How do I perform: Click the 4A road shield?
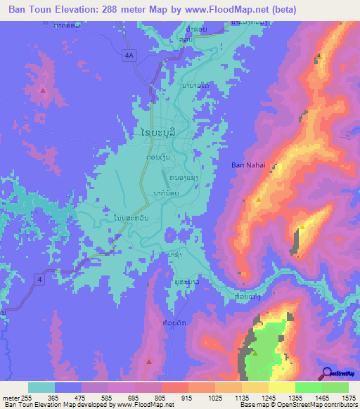pyautogui.click(x=128, y=54)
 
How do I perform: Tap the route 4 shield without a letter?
pyautogui.click(x=41, y=281)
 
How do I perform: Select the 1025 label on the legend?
pyautogui.click(x=214, y=397)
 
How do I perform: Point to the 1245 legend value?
pyautogui.click(x=267, y=397)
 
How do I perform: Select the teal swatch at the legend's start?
pyautogui.click(x=41, y=387)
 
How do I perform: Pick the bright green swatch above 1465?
pyautogui.click(x=309, y=387)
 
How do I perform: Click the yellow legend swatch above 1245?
pyautogui.click(x=255, y=387)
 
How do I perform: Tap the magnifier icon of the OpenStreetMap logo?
pyautogui.click(x=326, y=372)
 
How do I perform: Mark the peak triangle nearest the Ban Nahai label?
pyautogui.click(x=259, y=200)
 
